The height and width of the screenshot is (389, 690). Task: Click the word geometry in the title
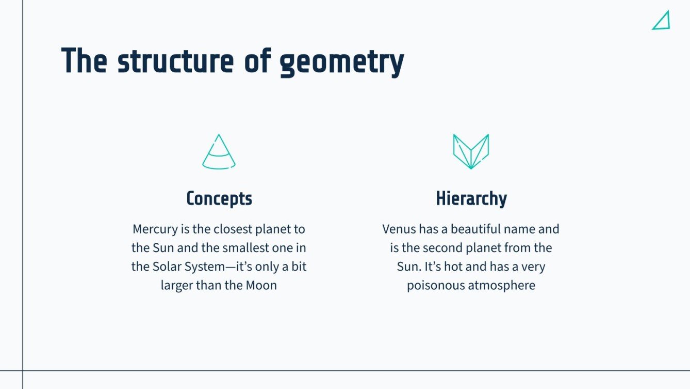[x=341, y=63]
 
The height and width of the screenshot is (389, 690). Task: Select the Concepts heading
[x=219, y=199]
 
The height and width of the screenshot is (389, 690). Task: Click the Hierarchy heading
[x=471, y=199]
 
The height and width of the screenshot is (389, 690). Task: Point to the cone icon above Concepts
[x=219, y=152]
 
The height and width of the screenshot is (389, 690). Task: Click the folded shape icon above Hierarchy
[x=471, y=152]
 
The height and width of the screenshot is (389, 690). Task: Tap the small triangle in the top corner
[x=662, y=21]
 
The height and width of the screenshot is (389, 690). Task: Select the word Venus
[x=399, y=229]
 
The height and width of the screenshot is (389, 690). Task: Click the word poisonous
[x=436, y=285]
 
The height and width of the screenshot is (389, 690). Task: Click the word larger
[x=177, y=285]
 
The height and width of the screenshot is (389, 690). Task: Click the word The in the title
[x=84, y=61]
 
